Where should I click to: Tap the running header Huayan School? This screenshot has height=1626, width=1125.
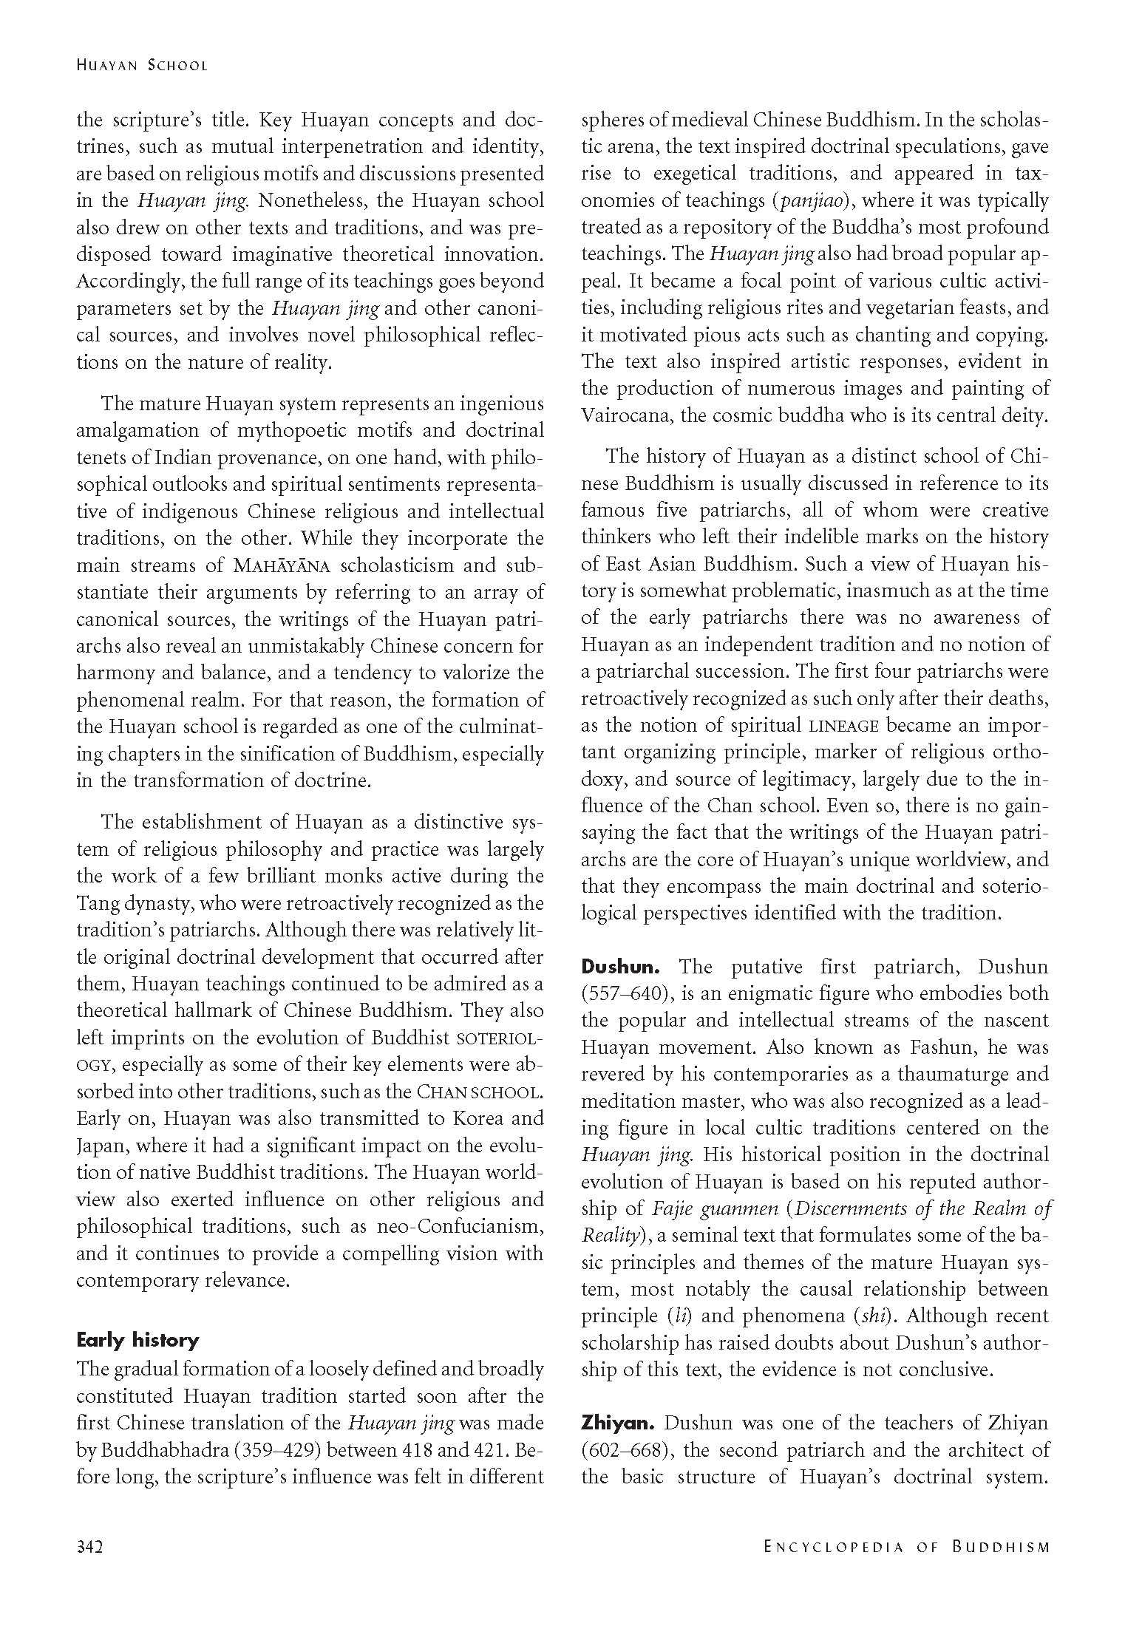tap(142, 65)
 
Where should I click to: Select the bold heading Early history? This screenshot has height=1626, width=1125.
tap(137, 1340)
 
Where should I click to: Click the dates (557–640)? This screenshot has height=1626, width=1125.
tap(625, 994)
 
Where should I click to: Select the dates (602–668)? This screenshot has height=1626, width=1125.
tap(625, 1450)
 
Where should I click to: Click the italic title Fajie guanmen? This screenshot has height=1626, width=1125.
tap(715, 1208)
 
